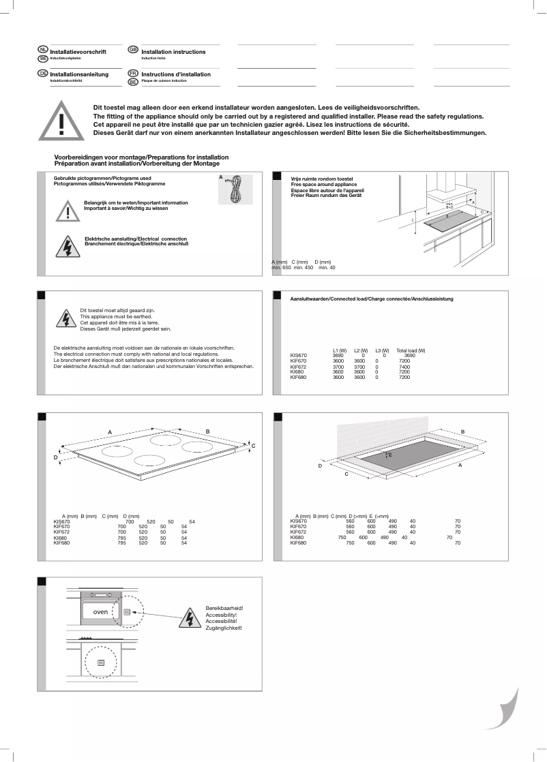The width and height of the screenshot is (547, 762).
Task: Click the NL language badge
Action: [43, 50]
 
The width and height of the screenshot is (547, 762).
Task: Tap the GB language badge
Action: [133, 50]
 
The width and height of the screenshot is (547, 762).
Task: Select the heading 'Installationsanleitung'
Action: [79, 74]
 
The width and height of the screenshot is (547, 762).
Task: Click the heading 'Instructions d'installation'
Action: [176, 74]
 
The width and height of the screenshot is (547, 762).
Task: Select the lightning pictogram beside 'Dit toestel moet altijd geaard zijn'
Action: [66, 320]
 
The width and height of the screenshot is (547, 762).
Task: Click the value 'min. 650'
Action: [280, 268]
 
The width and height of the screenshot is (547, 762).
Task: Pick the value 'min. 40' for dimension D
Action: [327, 268]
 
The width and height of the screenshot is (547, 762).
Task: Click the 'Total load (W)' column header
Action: [411, 350]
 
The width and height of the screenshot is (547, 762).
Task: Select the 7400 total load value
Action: [404, 366]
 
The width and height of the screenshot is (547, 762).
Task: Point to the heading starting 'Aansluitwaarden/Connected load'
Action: [372, 299]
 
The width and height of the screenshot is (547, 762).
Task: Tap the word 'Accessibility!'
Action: [221, 614]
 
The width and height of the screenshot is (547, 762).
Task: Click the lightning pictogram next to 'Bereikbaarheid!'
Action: [189, 618]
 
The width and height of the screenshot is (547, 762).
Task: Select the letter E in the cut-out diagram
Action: [390, 454]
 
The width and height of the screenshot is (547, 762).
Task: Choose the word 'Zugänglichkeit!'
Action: [224, 628]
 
